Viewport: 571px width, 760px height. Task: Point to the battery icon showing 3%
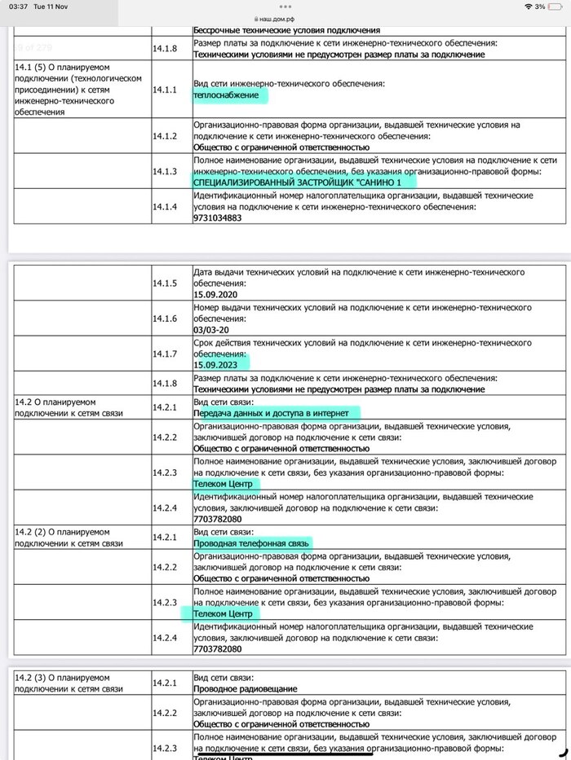(x=559, y=6)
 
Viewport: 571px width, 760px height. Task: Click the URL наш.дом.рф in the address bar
(x=285, y=17)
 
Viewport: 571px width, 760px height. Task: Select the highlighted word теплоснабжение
(x=230, y=95)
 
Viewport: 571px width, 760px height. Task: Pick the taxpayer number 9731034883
(x=217, y=217)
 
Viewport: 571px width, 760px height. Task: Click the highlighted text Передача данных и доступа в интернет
(x=271, y=413)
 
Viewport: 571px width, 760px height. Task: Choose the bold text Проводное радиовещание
(x=245, y=689)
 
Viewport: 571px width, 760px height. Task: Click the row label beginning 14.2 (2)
(x=68, y=536)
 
